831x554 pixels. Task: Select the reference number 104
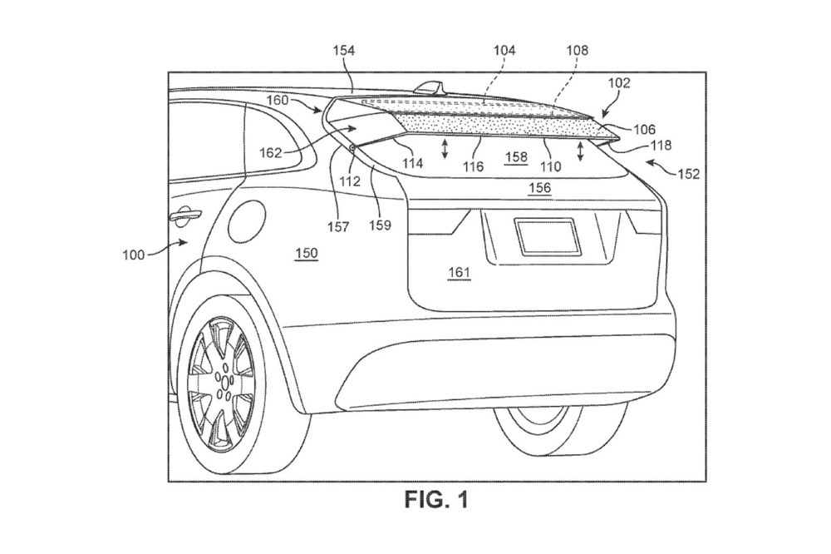point(503,51)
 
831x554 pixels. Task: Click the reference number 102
point(620,83)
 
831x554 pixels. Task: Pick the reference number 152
point(689,174)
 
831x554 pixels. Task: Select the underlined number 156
point(540,188)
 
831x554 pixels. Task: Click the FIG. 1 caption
point(437,500)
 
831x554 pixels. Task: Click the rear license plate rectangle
point(545,235)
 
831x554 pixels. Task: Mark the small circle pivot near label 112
point(353,147)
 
